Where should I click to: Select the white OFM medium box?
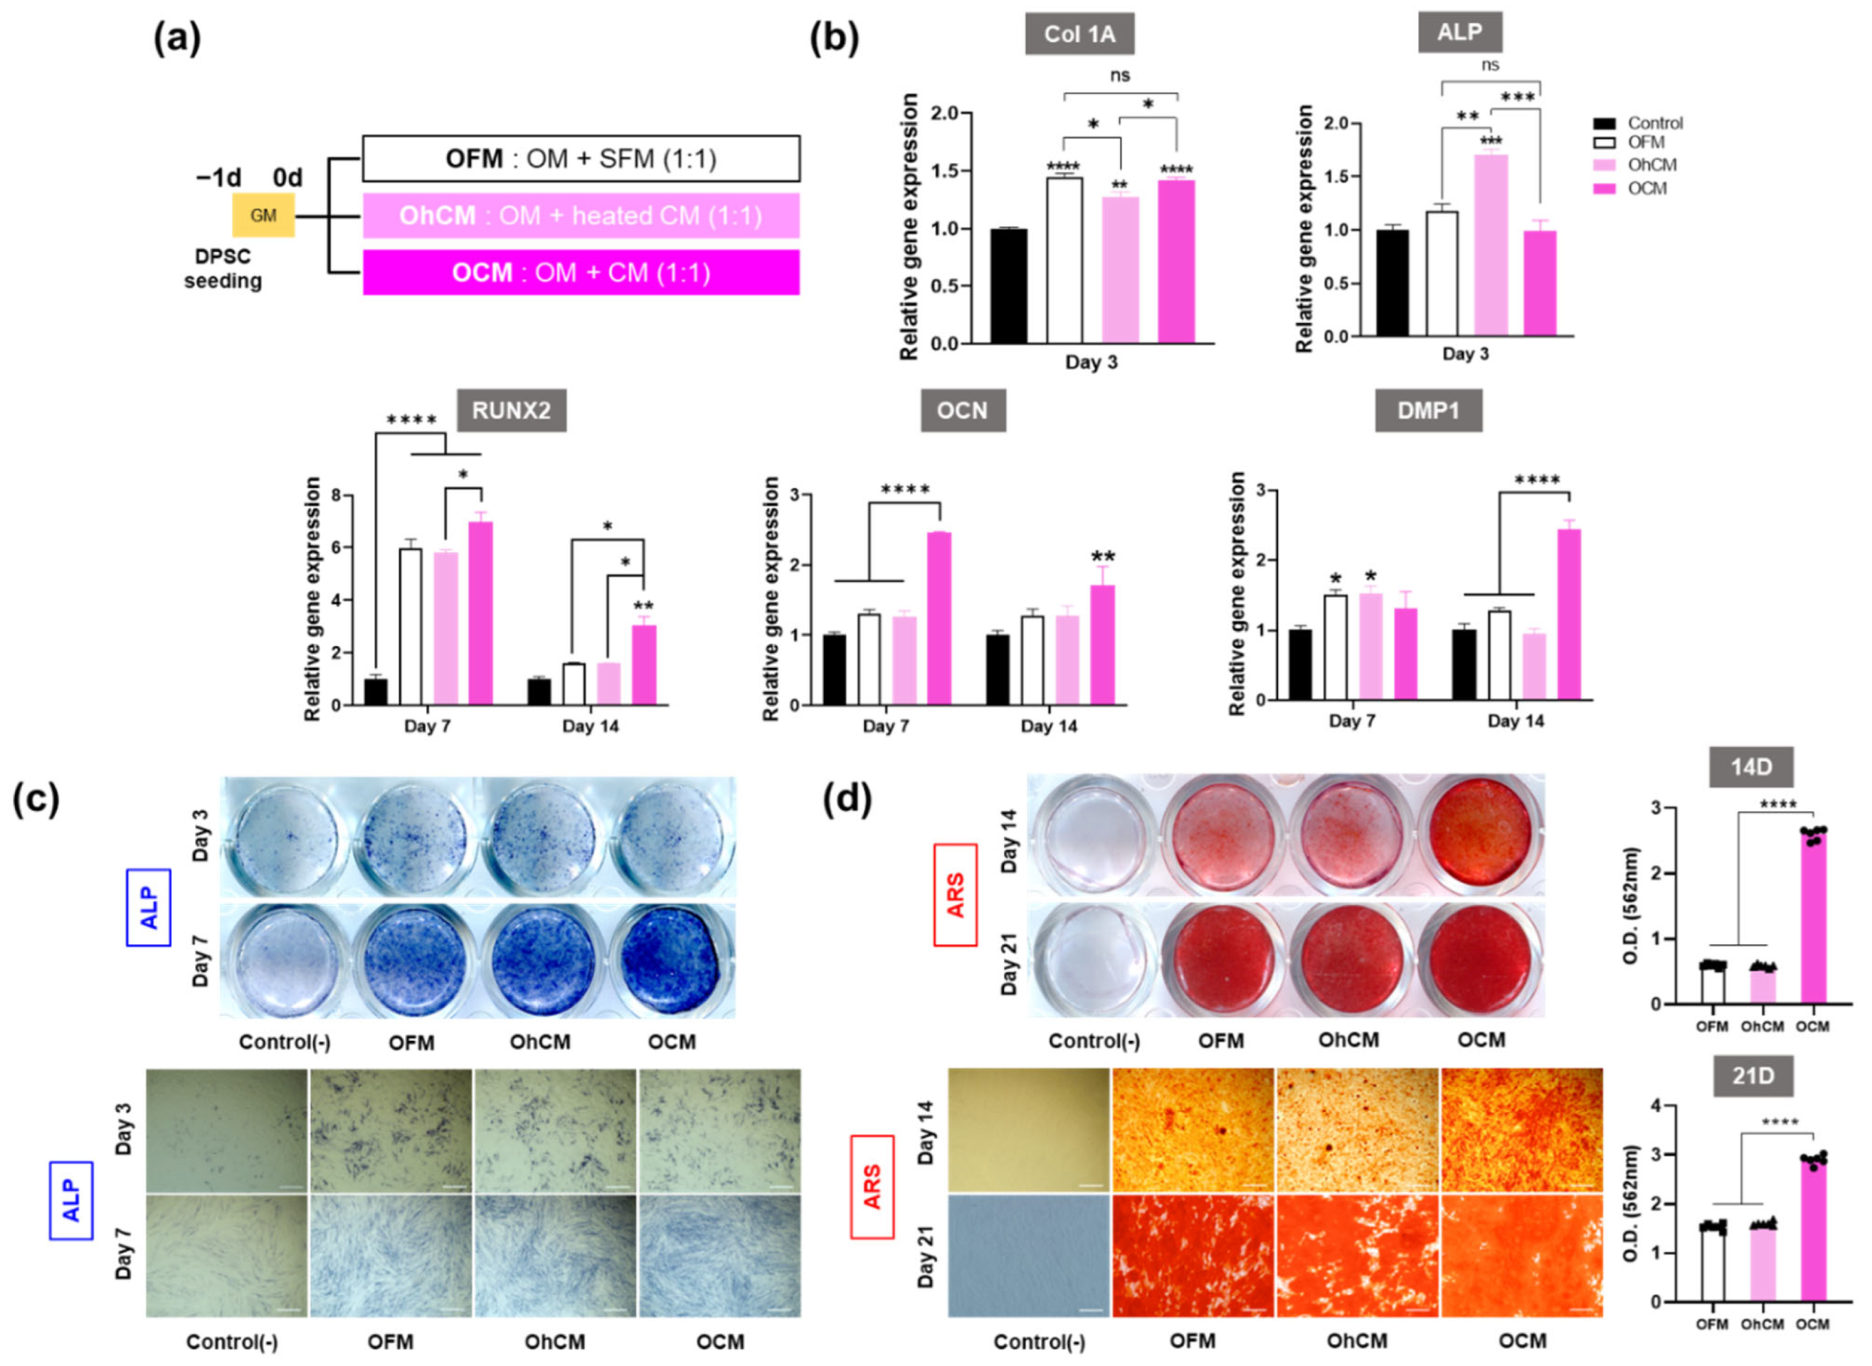pyautogui.click(x=581, y=158)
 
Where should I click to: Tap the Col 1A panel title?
pyautogui.click(x=1079, y=34)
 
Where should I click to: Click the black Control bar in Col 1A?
pyautogui.click(x=1009, y=286)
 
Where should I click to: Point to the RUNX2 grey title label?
pyautogui.click(x=512, y=410)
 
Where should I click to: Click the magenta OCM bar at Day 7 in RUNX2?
pyautogui.click(x=481, y=613)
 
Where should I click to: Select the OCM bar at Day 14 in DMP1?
pyautogui.click(x=1568, y=615)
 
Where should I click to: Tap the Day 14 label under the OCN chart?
pyautogui.click(x=1048, y=726)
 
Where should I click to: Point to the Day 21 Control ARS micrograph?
pyautogui.click(x=1029, y=1255)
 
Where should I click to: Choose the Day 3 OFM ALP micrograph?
pyautogui.click(x=391, y=1130)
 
